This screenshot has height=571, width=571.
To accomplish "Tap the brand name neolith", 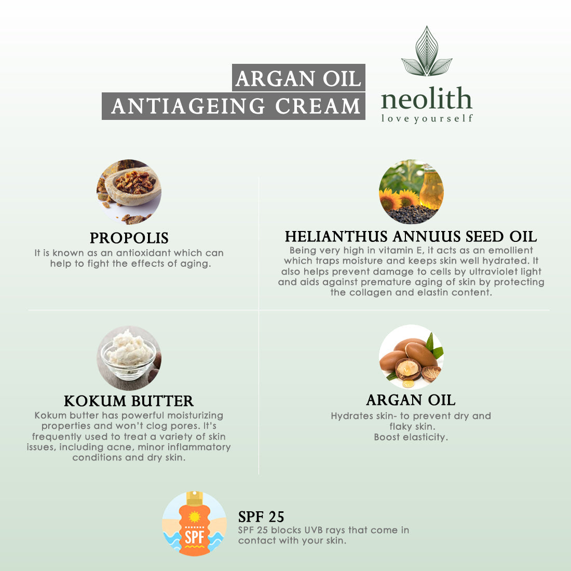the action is (426, 99).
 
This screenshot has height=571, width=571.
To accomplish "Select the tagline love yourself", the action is (427, 119).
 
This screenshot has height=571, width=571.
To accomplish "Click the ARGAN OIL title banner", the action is (298, 77).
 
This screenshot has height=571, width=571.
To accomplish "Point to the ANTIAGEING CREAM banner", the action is (234, 106).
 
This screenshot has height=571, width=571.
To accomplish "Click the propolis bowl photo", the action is (129, 192).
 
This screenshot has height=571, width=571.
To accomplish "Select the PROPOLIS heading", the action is (129, 238).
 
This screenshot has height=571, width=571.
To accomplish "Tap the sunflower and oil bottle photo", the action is (411, 192).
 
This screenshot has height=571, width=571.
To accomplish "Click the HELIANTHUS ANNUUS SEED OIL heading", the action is (411, 237).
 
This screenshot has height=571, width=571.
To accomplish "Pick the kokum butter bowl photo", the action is (129, 358).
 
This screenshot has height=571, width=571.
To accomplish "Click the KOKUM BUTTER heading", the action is (129, 401).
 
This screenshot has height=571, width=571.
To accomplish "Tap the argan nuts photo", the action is (411, 357).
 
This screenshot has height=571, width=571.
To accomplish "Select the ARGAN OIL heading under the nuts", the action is (411, 400).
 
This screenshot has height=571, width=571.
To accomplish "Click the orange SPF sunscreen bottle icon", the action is (194, 524).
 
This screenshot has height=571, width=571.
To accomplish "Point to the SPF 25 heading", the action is (261, 516).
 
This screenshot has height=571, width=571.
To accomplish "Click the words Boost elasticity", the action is (411, 437).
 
